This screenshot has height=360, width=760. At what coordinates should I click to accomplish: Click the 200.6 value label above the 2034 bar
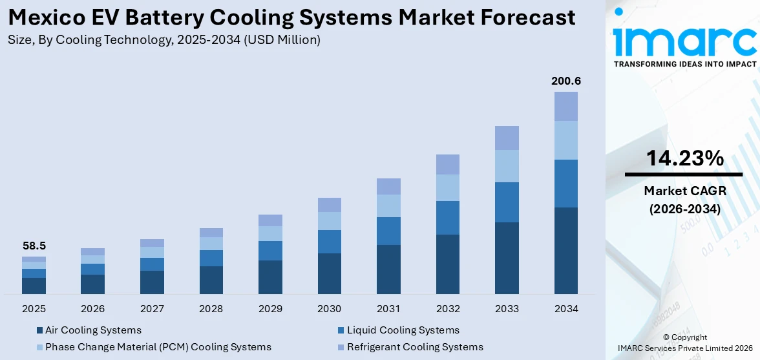[x=565, y=81]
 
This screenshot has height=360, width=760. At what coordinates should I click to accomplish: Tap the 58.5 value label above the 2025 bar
[x=34, y=246]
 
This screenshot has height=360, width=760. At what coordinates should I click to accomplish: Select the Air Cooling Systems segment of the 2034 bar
[x=565, y=250]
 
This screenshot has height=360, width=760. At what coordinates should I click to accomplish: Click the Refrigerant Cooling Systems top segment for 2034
[x=565, y=106]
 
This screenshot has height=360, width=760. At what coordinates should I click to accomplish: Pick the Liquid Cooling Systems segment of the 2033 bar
[x=507, y=202]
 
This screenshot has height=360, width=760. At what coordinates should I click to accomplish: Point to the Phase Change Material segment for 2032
[x=447, y=187]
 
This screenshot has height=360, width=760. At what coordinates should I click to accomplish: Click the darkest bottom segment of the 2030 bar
[x=329, y=273]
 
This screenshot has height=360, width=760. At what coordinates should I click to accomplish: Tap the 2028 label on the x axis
[x=211, y=309]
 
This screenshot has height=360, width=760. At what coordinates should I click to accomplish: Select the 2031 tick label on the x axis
[x=388, y=309]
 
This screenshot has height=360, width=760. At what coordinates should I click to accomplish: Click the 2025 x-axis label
[x=34, y=309]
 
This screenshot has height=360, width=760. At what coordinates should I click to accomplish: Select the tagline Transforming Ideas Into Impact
[x=684, y=64]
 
